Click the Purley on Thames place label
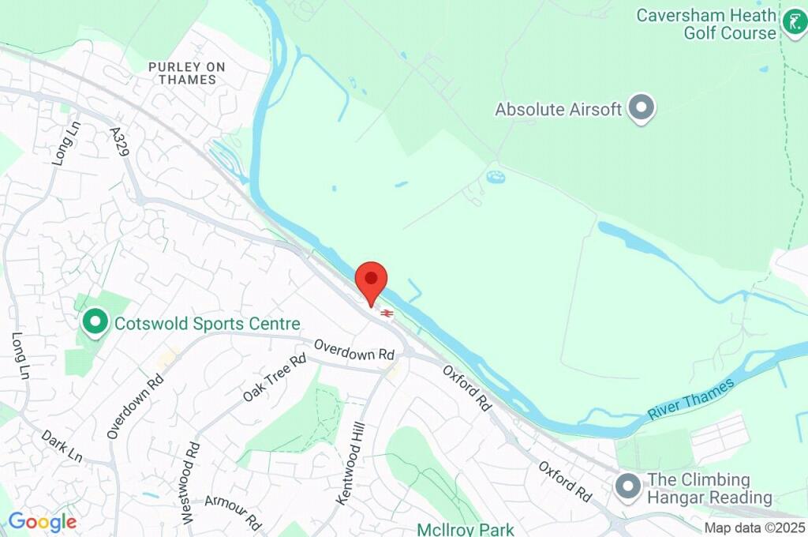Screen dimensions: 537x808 (186, 73)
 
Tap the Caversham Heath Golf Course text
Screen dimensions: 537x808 (706, 24)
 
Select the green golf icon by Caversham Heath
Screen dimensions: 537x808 (793, 23)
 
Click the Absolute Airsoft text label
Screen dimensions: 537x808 (559, 110)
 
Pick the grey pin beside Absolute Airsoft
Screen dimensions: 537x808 (642, 109)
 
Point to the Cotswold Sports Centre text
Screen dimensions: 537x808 (208, 324)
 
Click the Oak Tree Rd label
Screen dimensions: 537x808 (275, 377)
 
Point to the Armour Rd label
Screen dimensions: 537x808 (233, 513)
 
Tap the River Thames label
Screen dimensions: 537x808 (691, 400)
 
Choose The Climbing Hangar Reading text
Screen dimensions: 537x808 (709, 489)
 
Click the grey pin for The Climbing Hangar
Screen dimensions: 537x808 (629, 486)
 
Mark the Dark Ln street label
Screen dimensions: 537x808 (62, 446)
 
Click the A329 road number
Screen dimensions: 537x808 (120, 141)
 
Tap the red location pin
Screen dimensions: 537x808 (372, 282)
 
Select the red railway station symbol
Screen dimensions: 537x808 (387, 314)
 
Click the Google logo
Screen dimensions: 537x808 (42, 522)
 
